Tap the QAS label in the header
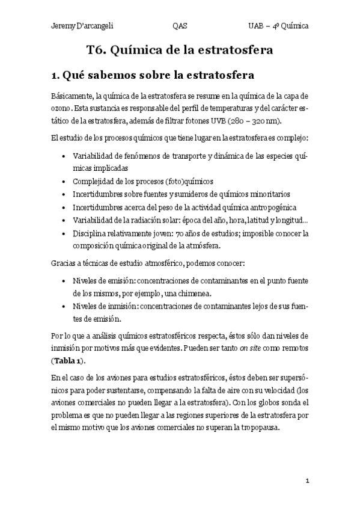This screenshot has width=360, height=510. [x=179, y=26]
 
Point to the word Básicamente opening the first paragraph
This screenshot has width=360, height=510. [x=72, y=96]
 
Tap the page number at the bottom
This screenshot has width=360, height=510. [x=307, y=481]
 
